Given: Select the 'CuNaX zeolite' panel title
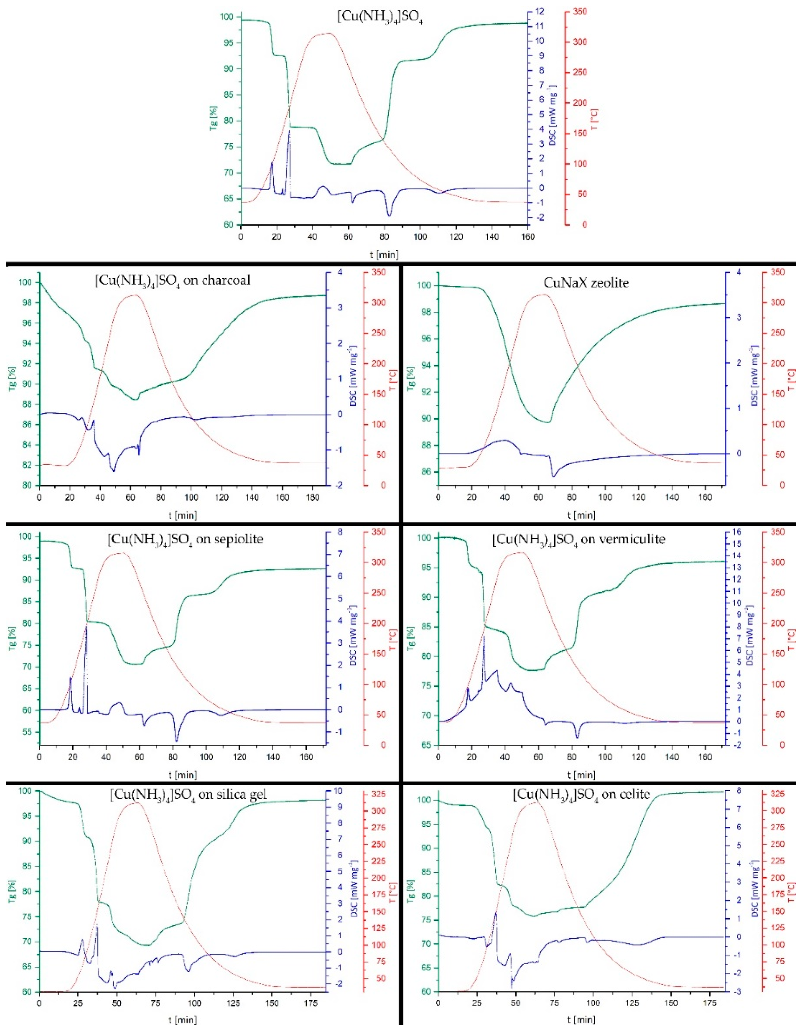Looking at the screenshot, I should pos(586,283).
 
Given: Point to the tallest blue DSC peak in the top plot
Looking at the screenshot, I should pos(289,130).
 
